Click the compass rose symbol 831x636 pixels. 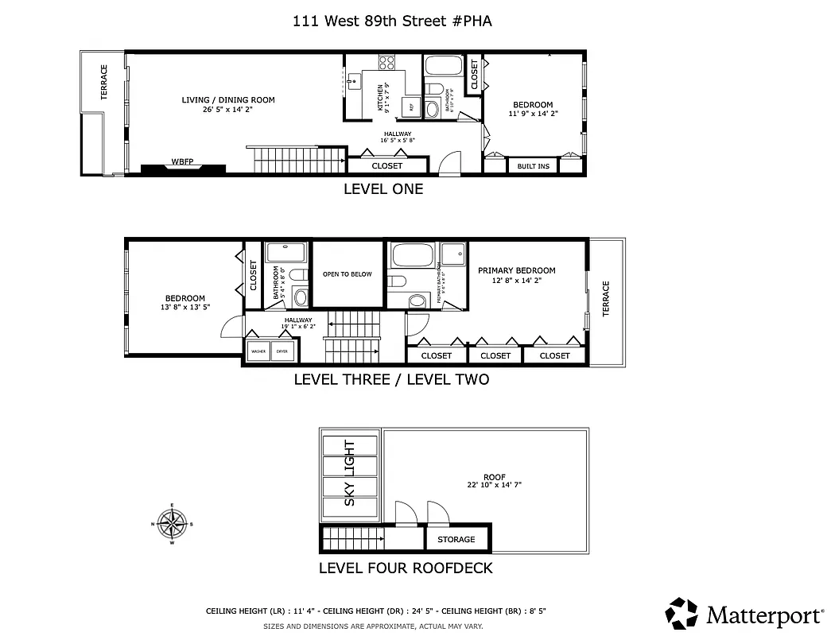[x=172, y=524]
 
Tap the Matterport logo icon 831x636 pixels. [x=681, y=613]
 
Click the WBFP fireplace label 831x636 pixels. [x=183, y=162]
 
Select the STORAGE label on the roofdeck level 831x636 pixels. [x=456, y=540]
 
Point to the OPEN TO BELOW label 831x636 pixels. [x=347, y=274]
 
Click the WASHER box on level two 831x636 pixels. [x=258, y=351]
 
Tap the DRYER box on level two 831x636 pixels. [x=282, y=351]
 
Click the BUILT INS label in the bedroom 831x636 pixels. [x=533, y=166]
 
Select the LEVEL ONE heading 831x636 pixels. [x=382, y=189]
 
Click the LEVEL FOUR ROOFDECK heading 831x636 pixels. [x=406, y=568]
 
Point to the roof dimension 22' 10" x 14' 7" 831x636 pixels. [x=495, y=484]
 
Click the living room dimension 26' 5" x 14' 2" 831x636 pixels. [x=228, y=110]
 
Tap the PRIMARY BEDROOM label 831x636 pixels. [x=516, y=270]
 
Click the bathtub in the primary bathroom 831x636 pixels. [x=413, y=256]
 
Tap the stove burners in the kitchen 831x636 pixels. [x=387, y=62]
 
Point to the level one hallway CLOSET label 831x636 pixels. [x=387, y=166]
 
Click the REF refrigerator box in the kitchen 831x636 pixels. [x=411, y=106]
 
